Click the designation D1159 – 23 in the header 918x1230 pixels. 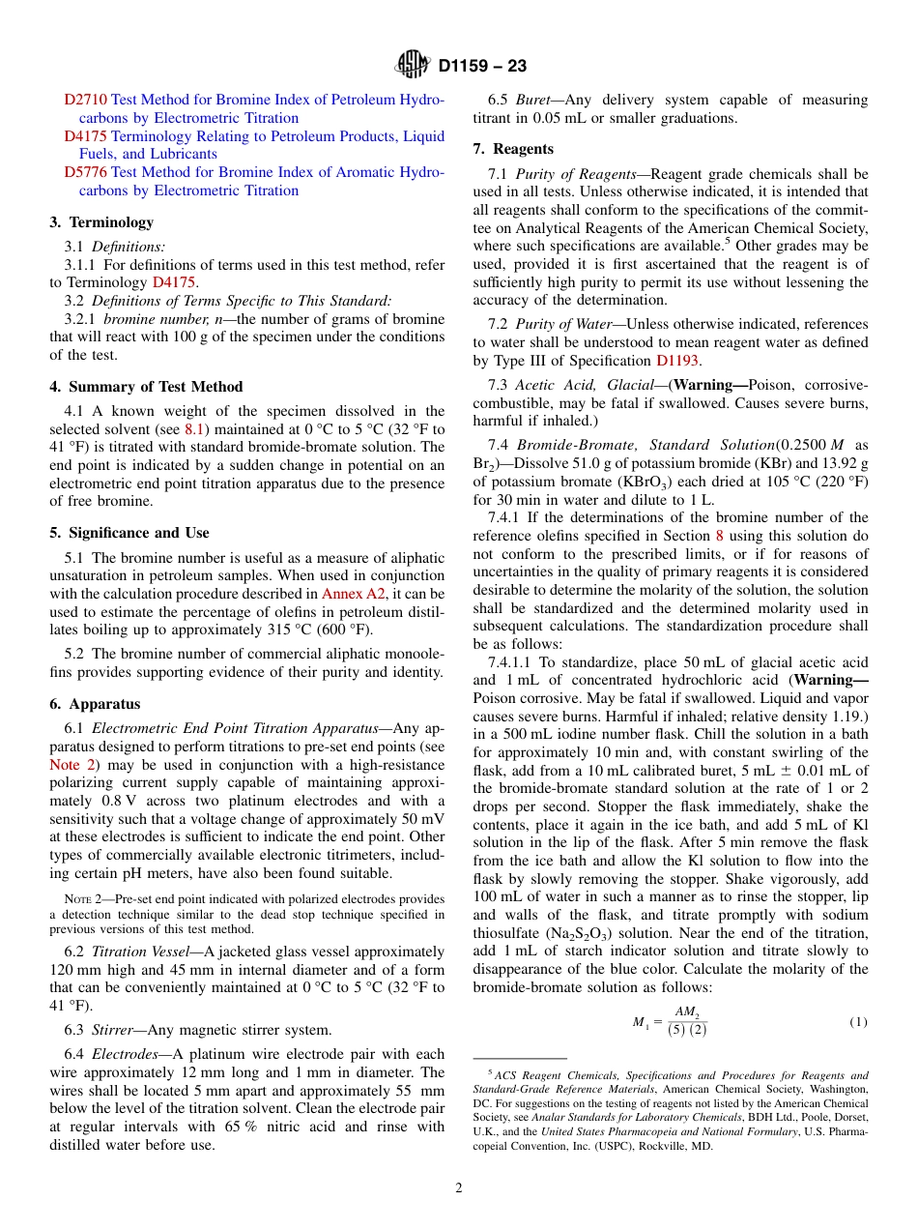pyautogui.click(x=482, y=67)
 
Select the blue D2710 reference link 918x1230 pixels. pyautogui.click(x=85, y=100)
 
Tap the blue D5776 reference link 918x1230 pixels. pyautogui.click(x=85, y=172)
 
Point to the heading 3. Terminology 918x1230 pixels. pyautogui.click(x=101, y=222)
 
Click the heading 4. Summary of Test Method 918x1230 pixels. pyautogui.click(x=146, y=387)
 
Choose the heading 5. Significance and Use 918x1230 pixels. pyautogui.click(x=129, y=533)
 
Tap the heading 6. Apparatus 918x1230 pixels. pyautogui.click(x=95, y=704)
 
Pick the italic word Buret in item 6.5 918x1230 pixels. pyautogui.click(x=532, y=100)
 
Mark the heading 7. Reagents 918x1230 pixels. pyautogui.click(x=513, y=149)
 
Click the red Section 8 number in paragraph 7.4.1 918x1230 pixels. pyautogui.click(x=718, y=536)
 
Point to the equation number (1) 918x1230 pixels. pyautogui.click(x=858, y=1021)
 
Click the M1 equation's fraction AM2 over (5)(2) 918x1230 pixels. pyautogui.click(x=686, y=1021)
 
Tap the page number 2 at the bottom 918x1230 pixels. pyautogui.click(x=459, y=1187)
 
